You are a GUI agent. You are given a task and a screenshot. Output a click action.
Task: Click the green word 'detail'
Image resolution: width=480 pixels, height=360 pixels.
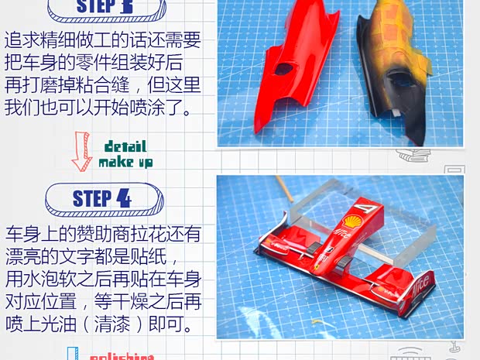(124, 147)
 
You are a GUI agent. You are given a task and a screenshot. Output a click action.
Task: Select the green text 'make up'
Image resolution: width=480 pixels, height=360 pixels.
(125, 163)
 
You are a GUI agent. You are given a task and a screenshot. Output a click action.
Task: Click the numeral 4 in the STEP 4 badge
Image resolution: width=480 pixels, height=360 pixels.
(123, 197)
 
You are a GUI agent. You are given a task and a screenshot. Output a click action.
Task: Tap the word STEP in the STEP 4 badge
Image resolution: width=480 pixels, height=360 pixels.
(92, 198)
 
